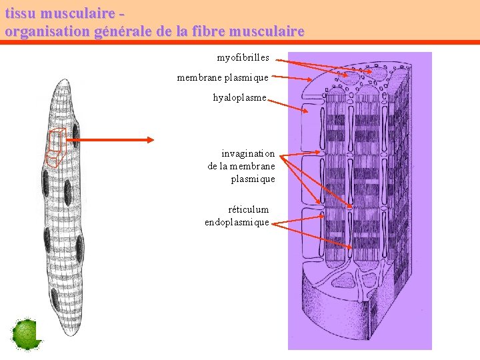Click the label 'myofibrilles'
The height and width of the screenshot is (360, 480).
(243, 58)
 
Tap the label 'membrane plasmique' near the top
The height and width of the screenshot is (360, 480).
(223, 78)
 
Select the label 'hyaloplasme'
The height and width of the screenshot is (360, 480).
(239, 98)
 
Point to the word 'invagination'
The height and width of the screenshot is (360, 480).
(248, 153)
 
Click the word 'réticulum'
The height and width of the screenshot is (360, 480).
(248, 209)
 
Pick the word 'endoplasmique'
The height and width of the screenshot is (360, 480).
(237, 222)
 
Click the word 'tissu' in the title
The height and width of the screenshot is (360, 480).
(21, 13)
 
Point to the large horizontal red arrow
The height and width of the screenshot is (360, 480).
(117, 140)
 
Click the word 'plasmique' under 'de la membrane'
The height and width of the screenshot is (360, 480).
(253, 179)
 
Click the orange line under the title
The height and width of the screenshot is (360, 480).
(240, 42)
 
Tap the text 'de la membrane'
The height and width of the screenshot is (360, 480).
(241, 166)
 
